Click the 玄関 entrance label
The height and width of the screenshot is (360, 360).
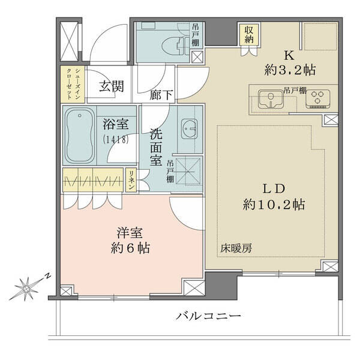click(x=112, y=86)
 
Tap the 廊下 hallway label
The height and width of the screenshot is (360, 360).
click(x=161, y=95)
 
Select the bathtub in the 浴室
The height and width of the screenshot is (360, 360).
click(x=79, y=136)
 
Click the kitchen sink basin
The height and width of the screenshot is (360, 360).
click(x=271, y=99)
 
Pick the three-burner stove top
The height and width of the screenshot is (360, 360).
click(x=318, y=99)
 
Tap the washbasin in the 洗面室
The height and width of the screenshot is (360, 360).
click(x=189, y=129)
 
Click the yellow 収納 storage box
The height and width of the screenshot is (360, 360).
click(x=249, y=35)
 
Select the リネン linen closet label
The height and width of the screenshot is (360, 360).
click(x=131, y=180)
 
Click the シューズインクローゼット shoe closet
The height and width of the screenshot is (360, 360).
click(x=73, y=84)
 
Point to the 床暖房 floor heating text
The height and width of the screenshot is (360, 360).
click(x=236, y=248)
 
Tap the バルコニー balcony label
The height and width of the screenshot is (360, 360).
click(x=208, y=316)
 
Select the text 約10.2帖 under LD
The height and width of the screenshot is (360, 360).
click(x=274, y=205)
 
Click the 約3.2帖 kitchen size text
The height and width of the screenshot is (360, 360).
click(x=290, y=70)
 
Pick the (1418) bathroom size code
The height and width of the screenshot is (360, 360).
click(x=115, y=139)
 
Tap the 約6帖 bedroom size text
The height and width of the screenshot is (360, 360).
click(x=130, y=248)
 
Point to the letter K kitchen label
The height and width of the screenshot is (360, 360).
click(x=289, y=55)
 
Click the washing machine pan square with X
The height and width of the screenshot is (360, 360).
click(x=188, y=170)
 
